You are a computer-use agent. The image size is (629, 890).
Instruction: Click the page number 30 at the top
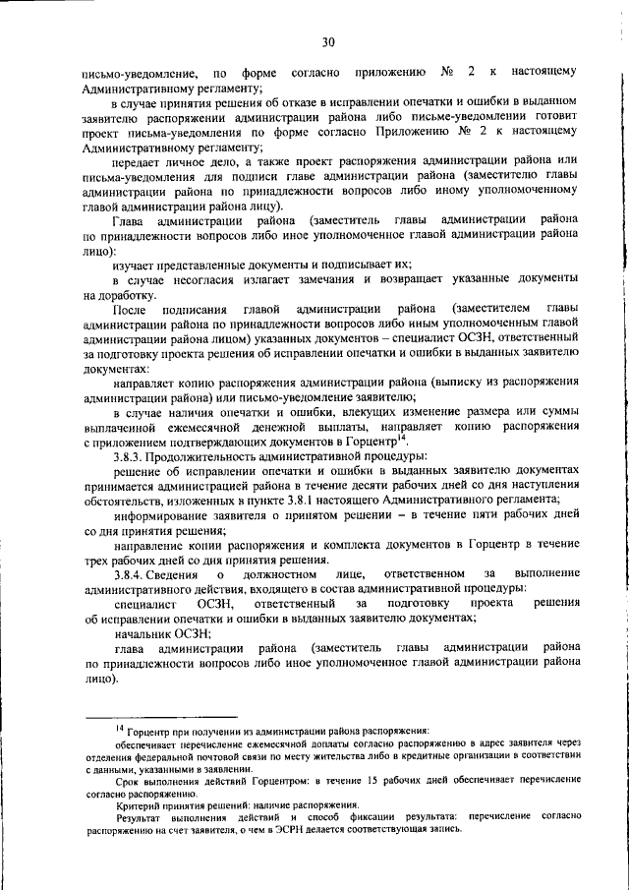pos(327,40)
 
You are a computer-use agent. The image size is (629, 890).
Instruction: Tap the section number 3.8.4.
pos(130,573)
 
